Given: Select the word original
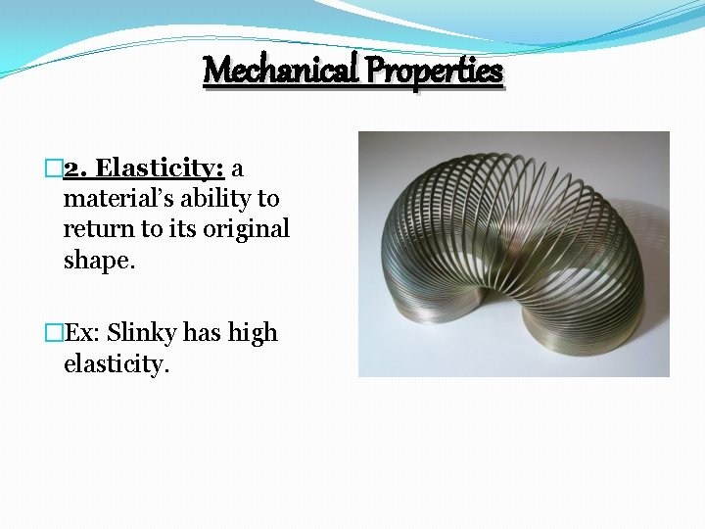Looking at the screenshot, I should [x=245, y=228].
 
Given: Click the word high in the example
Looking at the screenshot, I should [x=253, y=333].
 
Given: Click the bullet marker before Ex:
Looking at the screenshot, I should [x=54, y=333].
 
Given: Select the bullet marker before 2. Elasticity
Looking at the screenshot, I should [x=54, y=168].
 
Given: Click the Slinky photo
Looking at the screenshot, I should [x=513, y=254].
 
